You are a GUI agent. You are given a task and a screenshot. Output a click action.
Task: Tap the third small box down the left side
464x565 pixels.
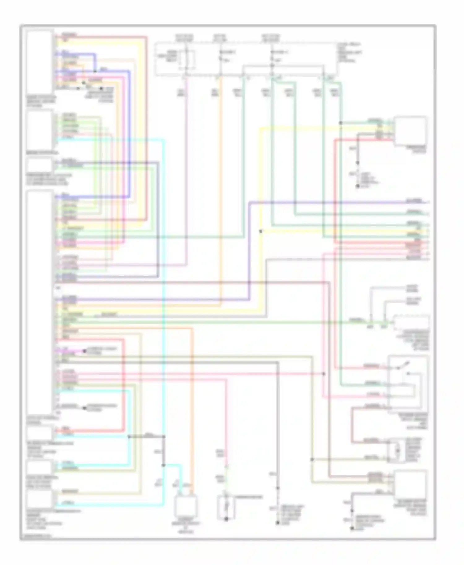click(x=40, y=165)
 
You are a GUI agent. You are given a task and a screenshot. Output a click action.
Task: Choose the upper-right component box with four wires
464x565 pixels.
click(x=410, y=131)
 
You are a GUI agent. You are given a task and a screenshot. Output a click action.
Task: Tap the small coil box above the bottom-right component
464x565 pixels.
click(x=397, y=451)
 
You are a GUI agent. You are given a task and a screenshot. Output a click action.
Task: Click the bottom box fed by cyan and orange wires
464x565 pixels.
click(x=185, y=506)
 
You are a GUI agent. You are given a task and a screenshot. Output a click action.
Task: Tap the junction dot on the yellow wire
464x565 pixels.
click(x=261, y=231)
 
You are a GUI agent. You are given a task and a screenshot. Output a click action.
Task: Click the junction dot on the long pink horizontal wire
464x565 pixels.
click(x=324, y=374)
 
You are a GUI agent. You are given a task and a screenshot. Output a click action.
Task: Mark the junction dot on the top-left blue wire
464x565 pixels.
click(x=95, y=71)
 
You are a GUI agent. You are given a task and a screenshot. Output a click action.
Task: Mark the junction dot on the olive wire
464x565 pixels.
click(x=312, y=460)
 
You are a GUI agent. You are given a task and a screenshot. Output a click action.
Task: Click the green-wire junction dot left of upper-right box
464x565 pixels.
click(x=340, y=123)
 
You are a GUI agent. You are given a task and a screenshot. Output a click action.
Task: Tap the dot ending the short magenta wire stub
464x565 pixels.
click(x=84, y=351)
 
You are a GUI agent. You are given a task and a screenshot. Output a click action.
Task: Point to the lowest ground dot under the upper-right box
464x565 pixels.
click(x=358, y=186)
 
